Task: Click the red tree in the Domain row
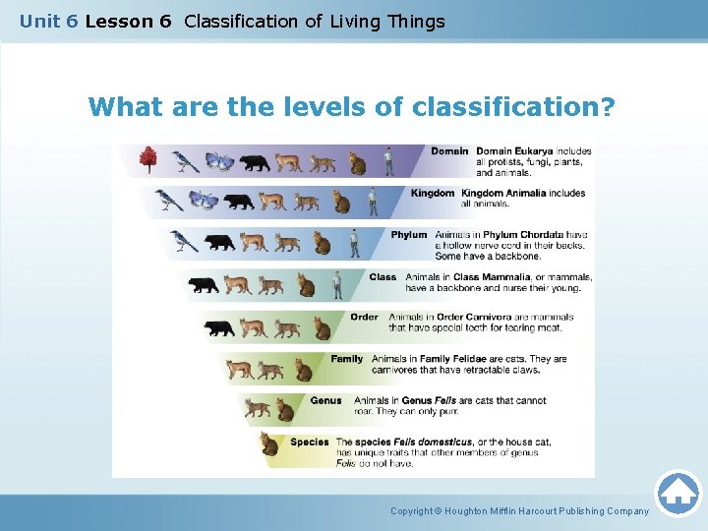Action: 148,159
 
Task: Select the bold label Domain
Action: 449,151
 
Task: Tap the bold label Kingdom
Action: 433,194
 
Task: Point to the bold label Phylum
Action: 409,235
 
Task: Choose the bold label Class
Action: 383,277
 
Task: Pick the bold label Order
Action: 364,318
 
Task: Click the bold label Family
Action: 347,359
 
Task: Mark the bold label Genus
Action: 325,401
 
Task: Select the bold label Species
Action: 310,442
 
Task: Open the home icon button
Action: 678,493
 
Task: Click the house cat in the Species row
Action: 269,444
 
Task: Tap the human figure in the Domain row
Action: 388,160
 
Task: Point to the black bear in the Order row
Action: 218,327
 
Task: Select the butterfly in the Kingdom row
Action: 204,201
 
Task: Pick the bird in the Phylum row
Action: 183,241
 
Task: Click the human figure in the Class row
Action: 336,285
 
